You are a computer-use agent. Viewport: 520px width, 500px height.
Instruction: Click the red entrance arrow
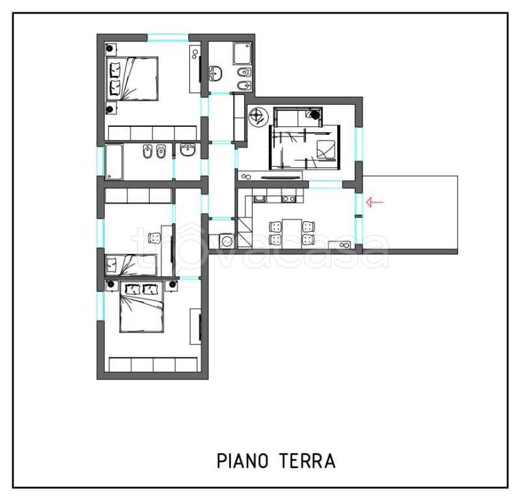(375, 202)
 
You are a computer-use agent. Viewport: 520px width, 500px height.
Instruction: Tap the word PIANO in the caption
(243, 461)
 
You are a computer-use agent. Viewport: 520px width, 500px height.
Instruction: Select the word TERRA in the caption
(307, 461)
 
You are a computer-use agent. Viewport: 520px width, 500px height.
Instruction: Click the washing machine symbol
(227, 241)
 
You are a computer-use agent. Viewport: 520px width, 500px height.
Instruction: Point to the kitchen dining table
(292, 234)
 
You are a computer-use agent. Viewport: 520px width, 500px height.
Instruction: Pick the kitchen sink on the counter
(259, 199)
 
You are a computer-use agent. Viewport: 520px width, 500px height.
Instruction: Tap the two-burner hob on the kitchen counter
(288, 199)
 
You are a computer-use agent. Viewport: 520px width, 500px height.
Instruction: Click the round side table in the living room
(258, 117)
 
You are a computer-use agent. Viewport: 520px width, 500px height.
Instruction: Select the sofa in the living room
(298, 117)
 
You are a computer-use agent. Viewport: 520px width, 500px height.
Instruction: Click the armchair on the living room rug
(326, 150)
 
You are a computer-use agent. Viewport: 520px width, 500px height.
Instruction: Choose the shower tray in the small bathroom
(242, 53)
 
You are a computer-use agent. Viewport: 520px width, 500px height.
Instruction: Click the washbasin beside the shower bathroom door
(215, 74)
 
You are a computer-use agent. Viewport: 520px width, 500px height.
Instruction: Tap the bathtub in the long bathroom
(114, 161)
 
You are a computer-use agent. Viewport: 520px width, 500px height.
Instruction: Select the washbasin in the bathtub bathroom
(188, 150)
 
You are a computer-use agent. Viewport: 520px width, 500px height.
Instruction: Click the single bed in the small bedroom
(131, 265)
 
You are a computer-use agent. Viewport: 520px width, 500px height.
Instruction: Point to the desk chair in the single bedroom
(154, 238)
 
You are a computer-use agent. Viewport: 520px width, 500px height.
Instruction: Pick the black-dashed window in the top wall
(168, 38)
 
